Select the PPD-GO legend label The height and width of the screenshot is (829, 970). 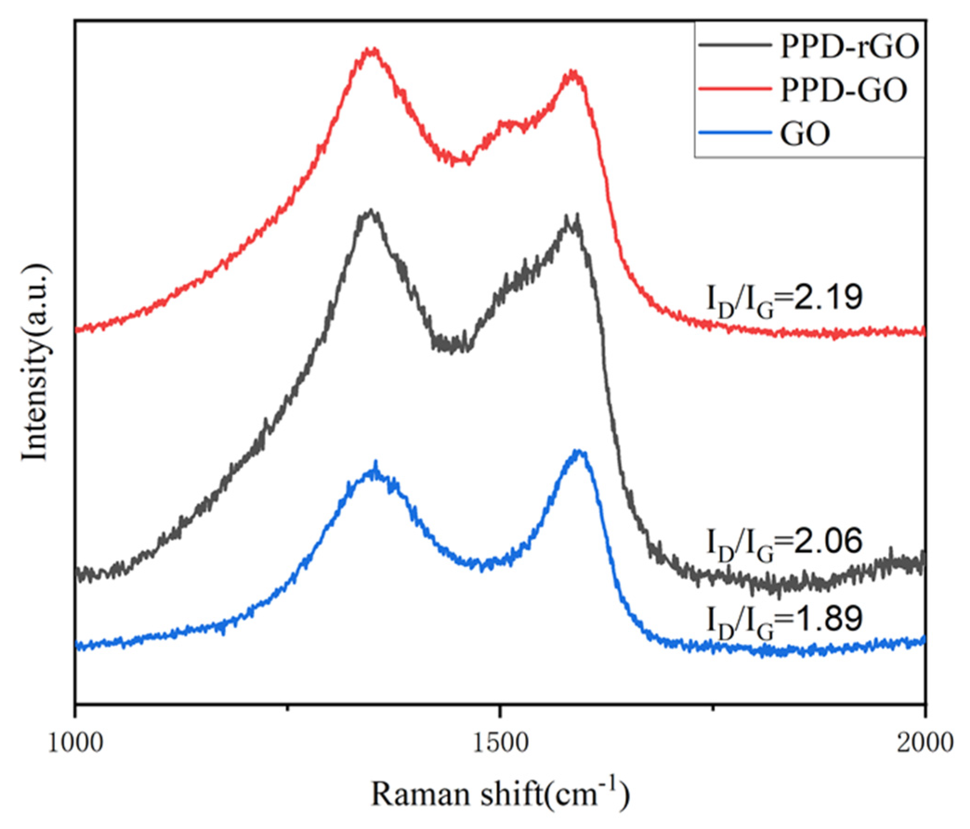pos(843,90)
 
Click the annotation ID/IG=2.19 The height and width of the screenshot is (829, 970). pos(785,301)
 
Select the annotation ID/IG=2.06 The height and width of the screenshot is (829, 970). pos(785,544)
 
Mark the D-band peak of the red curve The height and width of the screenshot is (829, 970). pos(371,50)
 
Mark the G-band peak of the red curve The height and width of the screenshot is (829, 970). pos(573,73)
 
